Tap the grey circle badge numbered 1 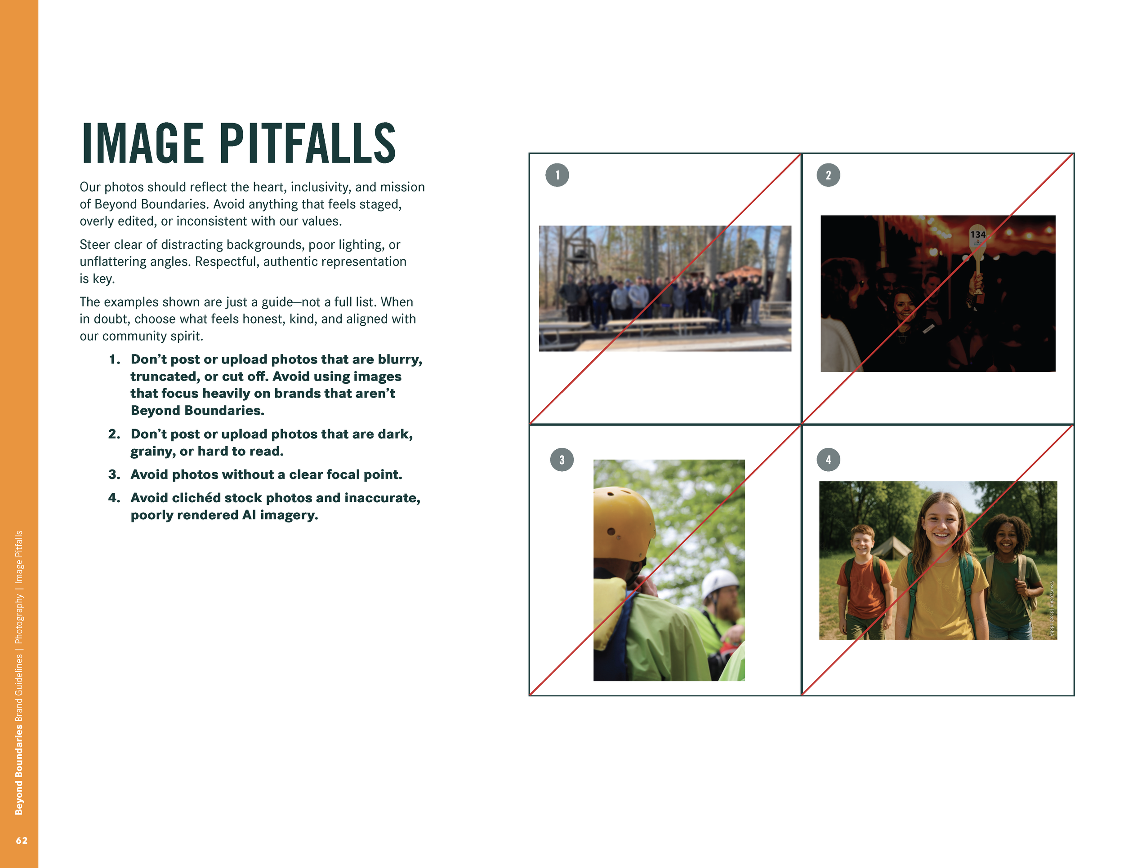[557, 175]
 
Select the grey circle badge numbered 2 [828, 175]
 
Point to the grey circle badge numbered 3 [562, 460]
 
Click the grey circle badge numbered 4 [828, 460]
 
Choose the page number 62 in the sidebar [22, 841]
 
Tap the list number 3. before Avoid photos [114, 474]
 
